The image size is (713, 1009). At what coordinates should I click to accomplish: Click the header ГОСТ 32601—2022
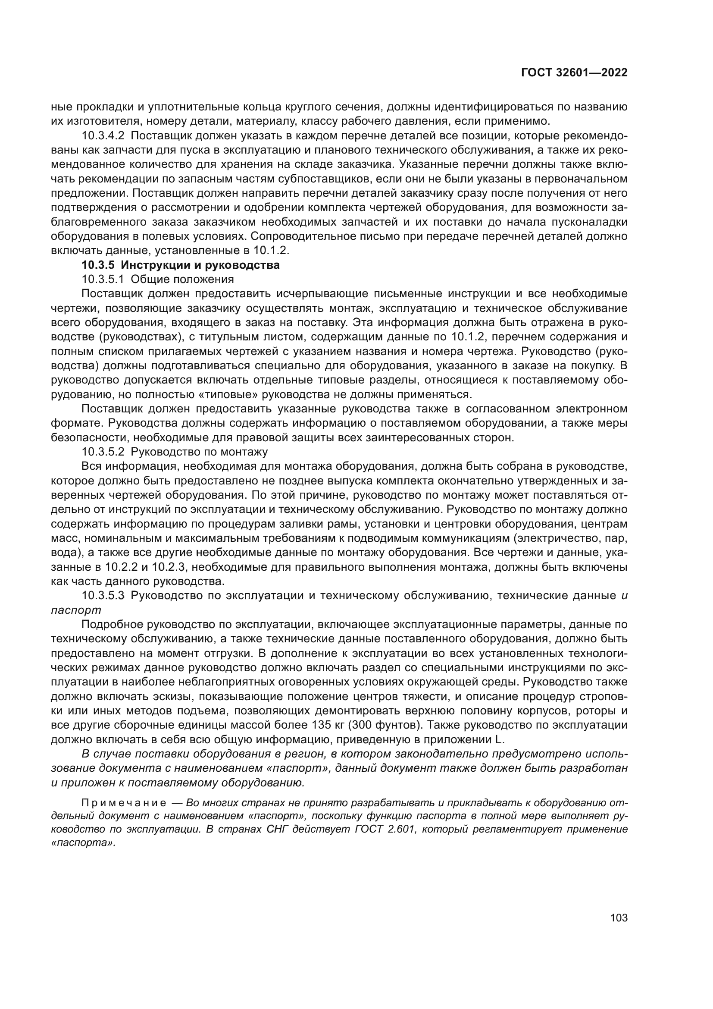click(574, 73)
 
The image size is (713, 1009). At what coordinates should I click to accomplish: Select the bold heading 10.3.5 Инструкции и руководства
click(181, 265)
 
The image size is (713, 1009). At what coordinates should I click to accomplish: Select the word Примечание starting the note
click(124, 803)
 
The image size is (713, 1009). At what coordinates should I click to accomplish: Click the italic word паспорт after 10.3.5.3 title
click(76, 610)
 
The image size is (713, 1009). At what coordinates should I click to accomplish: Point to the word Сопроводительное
click(306, 236)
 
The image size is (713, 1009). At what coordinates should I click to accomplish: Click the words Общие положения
click(182, 279)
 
